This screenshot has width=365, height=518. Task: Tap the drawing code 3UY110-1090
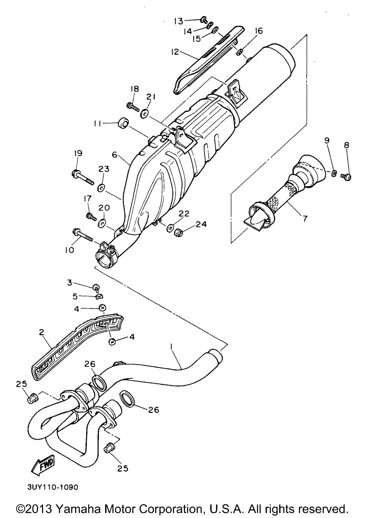coord(52,487)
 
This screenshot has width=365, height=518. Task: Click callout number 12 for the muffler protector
coord(175,52)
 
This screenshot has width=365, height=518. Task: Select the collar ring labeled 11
coord(123,124)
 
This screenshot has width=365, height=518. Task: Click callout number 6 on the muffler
coord(114,155)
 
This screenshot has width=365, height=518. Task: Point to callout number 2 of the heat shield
coord(41,332)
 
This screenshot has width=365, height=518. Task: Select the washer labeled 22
coord(170,229)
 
